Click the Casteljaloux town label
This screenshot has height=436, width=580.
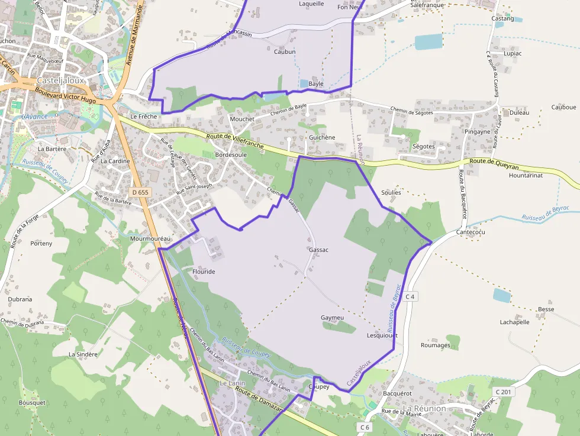(61, 80)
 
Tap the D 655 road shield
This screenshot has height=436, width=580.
(140, 192)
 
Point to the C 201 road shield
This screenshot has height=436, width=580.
(504, 392)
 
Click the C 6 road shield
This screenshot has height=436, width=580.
(364, 427)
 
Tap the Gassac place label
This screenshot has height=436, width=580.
(318, 250)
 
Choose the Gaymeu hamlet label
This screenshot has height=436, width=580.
(332, 318)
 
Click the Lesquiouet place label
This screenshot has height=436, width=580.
(382, 335)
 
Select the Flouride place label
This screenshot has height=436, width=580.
(204, 272)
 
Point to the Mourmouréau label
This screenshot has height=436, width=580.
(150, 238)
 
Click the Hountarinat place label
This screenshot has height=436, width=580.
(526, 176)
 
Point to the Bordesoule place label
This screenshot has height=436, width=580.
(231, 154)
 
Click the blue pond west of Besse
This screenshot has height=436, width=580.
(501, 295)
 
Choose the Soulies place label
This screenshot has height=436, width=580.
(391, 192)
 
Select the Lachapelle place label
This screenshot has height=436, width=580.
(514, 322)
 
